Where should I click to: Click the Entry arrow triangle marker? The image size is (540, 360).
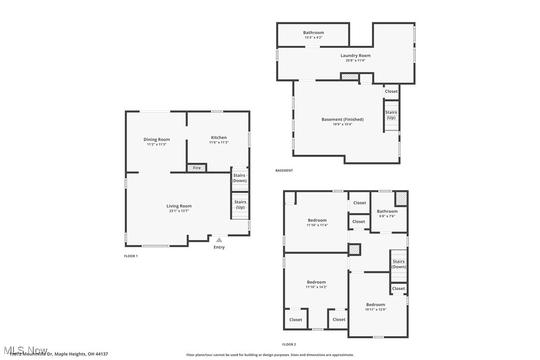pos(219,240)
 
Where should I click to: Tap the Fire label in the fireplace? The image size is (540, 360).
pos(197,168)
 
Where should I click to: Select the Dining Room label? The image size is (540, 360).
pos(157,140)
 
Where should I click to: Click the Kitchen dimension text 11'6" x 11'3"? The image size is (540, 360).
pos(219,143)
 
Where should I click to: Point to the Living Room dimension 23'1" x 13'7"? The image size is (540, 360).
pos(179,211)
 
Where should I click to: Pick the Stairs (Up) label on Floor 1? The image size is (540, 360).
pos(240,204)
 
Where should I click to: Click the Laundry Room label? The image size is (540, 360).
pos(355,56)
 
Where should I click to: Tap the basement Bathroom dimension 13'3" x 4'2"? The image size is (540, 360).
pos(313,37)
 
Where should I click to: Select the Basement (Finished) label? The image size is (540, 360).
pos(342,119)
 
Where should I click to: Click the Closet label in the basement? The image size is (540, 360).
pos(391,91)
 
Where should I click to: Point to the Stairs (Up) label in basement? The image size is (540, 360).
pos(391,115)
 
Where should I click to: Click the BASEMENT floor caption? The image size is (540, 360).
pos(284,171)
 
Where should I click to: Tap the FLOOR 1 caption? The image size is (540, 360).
pos(131,256)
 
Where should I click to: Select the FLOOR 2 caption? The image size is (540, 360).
pos(289,344)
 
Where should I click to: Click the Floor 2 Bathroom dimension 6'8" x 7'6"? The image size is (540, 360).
pos(387,216)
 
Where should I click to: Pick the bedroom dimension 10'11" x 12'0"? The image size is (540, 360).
pos(375,309)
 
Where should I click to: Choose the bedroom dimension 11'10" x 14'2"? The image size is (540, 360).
pos(316,287)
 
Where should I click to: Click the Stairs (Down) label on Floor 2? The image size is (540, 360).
pos(398,264)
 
